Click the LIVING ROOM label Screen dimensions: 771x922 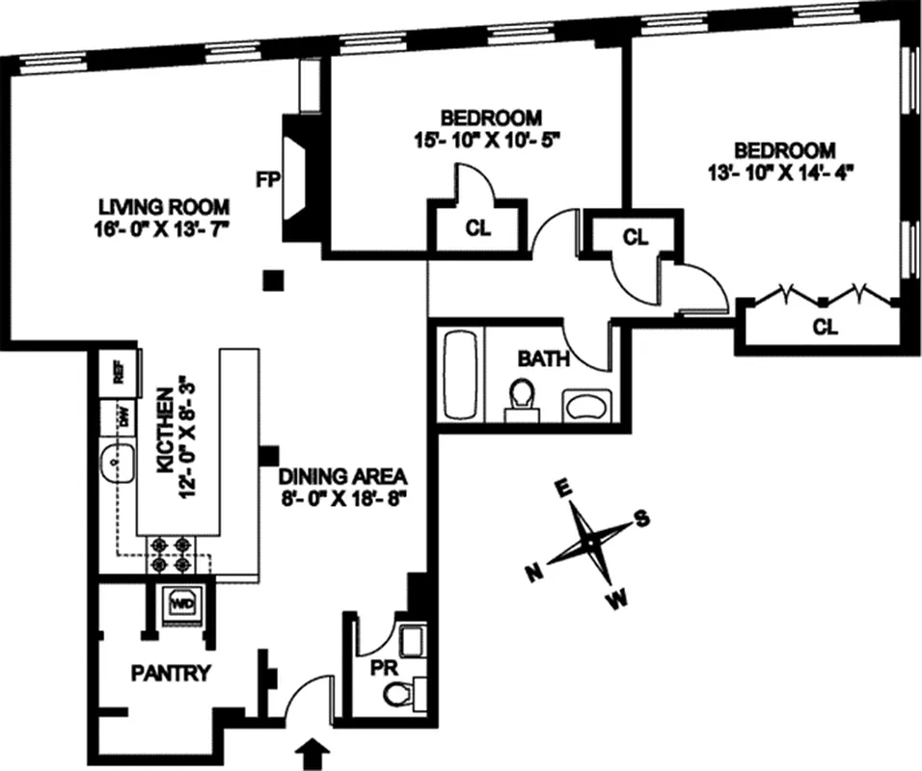click(x=164, y=205)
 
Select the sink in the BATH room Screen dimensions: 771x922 click(x=585, y=406)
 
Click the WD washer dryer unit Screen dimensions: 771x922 click(x=183, y=603)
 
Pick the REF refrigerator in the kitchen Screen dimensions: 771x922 click(x=120, y=371)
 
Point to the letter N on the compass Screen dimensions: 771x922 click(x=531, y=573)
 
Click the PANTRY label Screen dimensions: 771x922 click(x=171, y=673)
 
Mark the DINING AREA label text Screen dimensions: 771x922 click(x=344, y=476)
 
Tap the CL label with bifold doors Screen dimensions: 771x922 click(x=825, y=327)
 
